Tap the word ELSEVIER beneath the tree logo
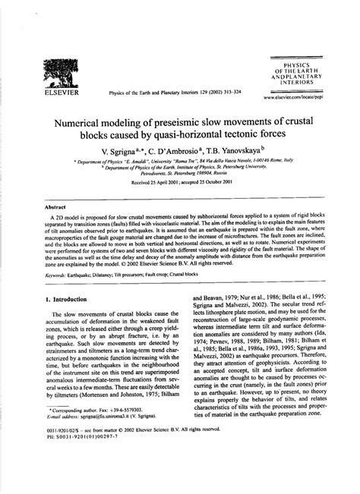click(61, 96)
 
